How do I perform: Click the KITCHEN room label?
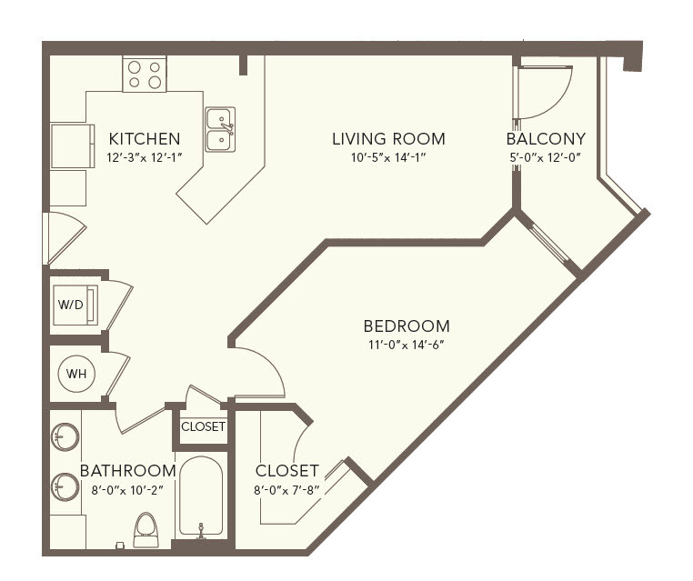145,139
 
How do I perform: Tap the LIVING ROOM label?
388,139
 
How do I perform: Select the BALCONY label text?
546,139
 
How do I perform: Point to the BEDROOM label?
407,326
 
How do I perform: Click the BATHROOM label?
128,471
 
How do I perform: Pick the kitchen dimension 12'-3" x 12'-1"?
145,157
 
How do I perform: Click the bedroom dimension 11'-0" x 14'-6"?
407,345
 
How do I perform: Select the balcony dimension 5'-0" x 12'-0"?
546,157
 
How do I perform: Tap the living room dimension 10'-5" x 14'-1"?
388,157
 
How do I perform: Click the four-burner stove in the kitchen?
145,75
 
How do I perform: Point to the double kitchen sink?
220,129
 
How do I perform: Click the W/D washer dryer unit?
75,305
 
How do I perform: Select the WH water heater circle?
76,374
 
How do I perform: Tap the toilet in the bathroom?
146,529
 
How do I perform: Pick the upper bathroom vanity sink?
65,437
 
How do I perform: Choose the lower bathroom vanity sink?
65,487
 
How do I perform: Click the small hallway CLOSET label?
204,426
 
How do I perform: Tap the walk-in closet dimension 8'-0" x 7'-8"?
286,490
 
